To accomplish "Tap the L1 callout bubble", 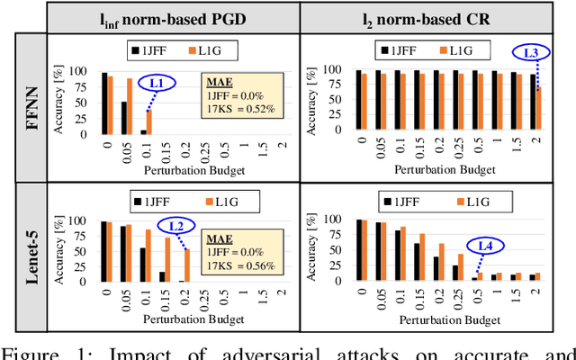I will tap(162, 84).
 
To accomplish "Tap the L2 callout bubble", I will tap(176, 226).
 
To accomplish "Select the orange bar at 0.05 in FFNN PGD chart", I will tap(130, 106).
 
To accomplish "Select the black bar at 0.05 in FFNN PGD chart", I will tap(123, 118).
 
